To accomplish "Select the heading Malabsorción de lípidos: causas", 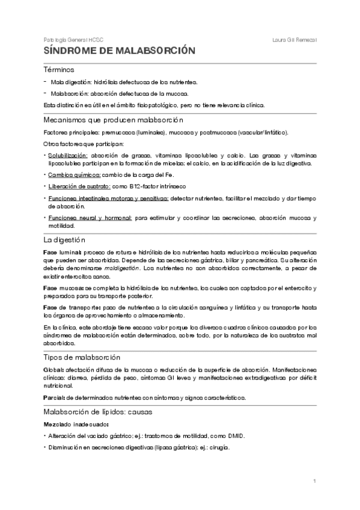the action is click(x=99, y=412).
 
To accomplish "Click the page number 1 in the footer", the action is click(x=314, y=481).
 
